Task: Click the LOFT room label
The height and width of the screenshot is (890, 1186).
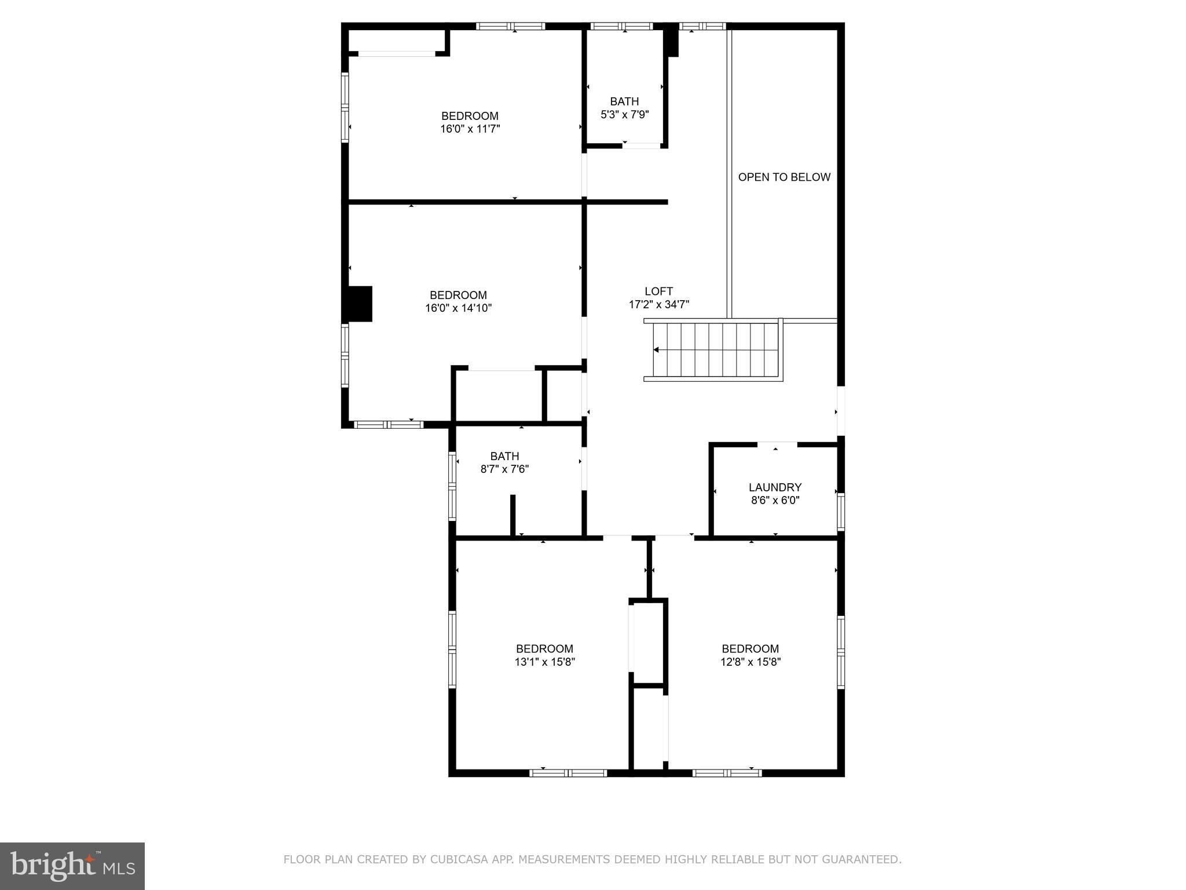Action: [658, 291]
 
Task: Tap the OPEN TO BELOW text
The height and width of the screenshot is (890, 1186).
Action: [784, 177]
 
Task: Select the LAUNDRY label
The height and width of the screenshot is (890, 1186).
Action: [775, 487]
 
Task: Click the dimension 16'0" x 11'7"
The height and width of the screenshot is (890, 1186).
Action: [470, 129]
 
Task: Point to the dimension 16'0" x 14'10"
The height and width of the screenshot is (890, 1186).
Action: [458, 308]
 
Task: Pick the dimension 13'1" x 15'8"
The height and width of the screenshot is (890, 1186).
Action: [544, 662]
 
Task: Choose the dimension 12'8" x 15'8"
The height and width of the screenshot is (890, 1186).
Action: [751, 662]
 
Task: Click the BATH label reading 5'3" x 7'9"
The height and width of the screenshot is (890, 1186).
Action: [624, 101]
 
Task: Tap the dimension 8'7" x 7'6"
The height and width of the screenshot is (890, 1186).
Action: [504, 469]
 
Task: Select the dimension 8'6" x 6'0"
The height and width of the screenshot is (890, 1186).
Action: [775, 500]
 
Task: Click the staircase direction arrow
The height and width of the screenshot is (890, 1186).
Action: [656, 350]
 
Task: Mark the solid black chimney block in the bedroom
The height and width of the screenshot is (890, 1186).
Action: [360, 304]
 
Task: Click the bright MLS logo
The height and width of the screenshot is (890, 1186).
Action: [72, 866]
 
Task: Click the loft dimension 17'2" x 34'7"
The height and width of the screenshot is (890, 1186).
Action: [658, 304]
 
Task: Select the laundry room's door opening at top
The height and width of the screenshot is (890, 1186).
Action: [777, 444]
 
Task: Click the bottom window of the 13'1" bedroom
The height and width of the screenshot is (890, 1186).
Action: [568, 772]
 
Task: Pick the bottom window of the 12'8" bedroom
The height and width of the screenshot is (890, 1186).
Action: [727, 772]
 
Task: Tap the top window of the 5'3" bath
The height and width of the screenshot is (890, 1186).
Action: [621, 26]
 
